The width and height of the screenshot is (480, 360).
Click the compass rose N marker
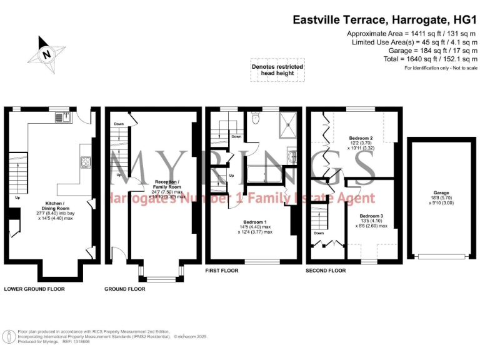45,53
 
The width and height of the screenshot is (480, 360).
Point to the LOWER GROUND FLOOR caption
34,289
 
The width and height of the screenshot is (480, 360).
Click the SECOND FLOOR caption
325,271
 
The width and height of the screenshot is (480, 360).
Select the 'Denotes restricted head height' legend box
277,70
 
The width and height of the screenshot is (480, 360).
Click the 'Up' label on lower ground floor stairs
17,198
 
